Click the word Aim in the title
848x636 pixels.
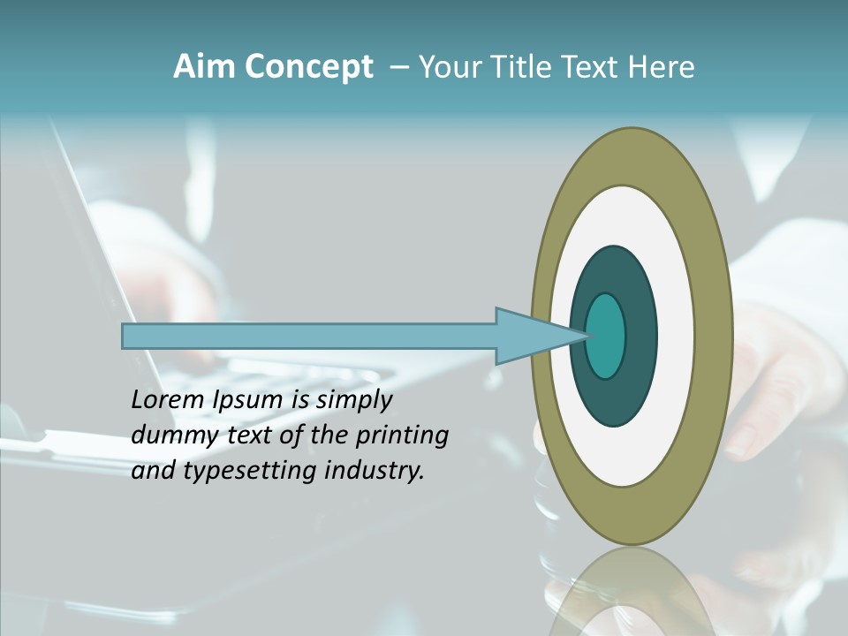204,66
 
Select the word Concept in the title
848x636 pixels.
309,67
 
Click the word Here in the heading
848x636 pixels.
662,67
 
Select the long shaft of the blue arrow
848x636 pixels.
309,337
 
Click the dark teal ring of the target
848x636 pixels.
615,397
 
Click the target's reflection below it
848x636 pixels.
632,592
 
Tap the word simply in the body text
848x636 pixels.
353,400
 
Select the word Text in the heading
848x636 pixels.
592,67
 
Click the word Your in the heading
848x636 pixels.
450,67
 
